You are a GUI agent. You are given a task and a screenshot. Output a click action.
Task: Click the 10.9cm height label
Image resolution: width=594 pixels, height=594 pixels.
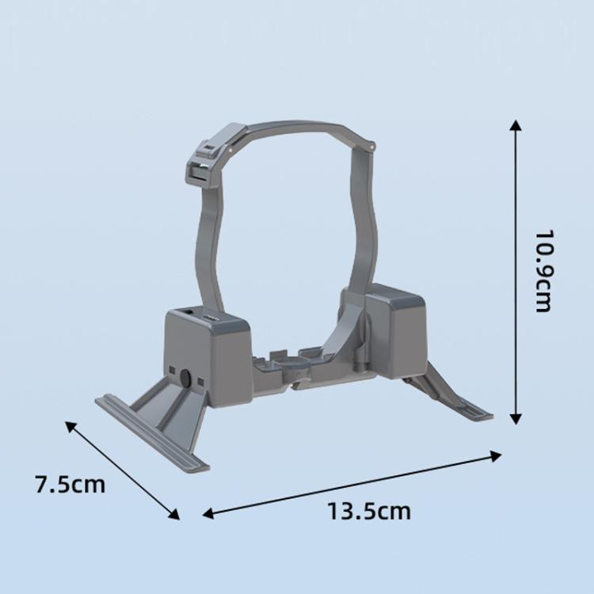(543, 272)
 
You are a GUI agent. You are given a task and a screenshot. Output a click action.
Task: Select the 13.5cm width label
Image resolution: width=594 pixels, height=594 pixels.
(369, 511)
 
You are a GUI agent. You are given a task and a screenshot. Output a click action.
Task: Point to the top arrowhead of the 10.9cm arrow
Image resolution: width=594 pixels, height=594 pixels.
(516, 126)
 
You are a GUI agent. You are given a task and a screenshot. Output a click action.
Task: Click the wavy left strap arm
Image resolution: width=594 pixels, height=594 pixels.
(207, 246)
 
